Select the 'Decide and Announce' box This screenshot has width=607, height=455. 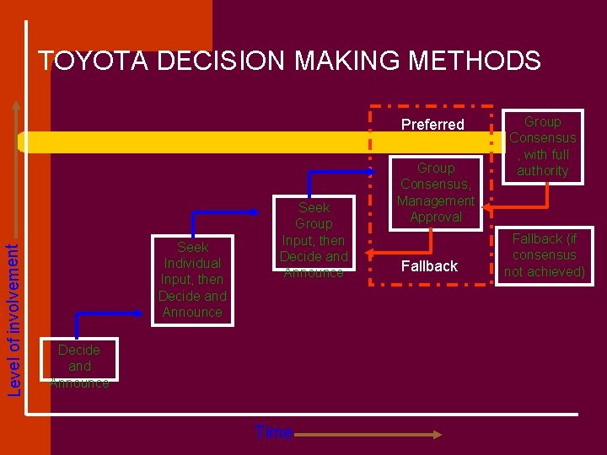tap(79, 367)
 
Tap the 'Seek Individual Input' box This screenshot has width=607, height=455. tap(192, 280)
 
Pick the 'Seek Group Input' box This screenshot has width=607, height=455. tap(314, 240)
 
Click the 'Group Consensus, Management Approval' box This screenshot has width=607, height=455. tap(436, 193)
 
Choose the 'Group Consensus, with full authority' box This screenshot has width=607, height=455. tap(543, 146)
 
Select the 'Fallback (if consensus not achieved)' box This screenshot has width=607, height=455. tap(543, 255)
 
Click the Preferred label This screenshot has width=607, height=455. tap(432, 125)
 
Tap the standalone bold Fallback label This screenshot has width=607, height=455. tap(429, 266)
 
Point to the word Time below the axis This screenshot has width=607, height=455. tap(273, 433)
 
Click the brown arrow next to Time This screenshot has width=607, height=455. tap(368, 434)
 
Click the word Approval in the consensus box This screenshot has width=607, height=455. tap(436, 217)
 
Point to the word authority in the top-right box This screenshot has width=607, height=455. tap(543, 171)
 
